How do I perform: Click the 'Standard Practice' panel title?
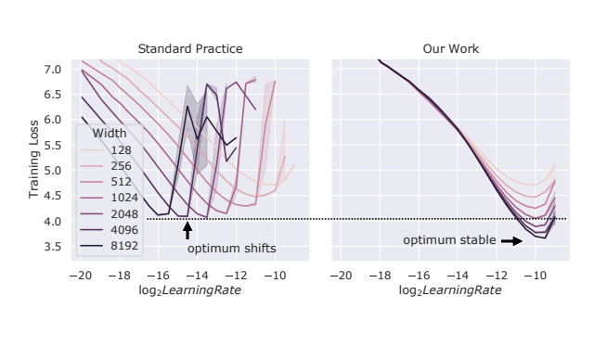[183, 48]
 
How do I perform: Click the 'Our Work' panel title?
[450, 48]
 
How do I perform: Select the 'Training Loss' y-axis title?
[34, 159]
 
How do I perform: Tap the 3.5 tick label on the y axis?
[52, 247]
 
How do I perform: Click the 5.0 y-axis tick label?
[52, 171]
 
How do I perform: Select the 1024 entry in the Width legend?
[124, 198]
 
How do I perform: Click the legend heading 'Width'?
[110, 133]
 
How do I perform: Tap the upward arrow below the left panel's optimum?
[187, 231]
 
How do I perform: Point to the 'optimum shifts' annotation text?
[232, 249]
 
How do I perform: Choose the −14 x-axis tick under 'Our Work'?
[457, 276]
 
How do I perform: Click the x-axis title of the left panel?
[183, 291]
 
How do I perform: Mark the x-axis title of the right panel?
[450, 291]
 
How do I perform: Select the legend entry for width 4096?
[124, 231]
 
